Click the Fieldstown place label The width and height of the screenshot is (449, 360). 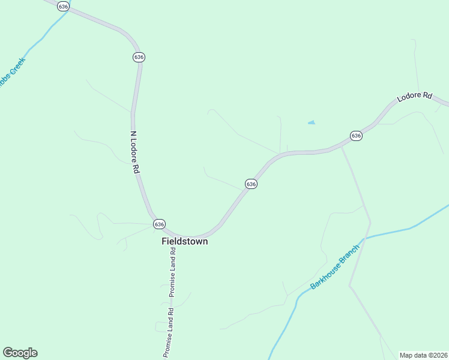pos(185,241)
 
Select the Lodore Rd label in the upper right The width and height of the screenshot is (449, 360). pos(415,96)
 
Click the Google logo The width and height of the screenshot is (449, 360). pos(20,353)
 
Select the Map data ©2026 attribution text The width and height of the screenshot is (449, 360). pos(423,355)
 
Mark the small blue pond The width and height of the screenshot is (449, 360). pos(312,123)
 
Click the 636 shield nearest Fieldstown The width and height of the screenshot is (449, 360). pos(158,224)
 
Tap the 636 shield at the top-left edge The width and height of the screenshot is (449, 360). pos(63,5)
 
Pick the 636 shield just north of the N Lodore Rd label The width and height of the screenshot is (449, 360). pos(139,57)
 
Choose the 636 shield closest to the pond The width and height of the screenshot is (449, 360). pos(356,136)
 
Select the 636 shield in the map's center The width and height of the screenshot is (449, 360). pos(251,184)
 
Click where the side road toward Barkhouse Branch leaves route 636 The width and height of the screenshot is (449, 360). pos(342,146)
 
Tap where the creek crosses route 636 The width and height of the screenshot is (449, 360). pos(67,11)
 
